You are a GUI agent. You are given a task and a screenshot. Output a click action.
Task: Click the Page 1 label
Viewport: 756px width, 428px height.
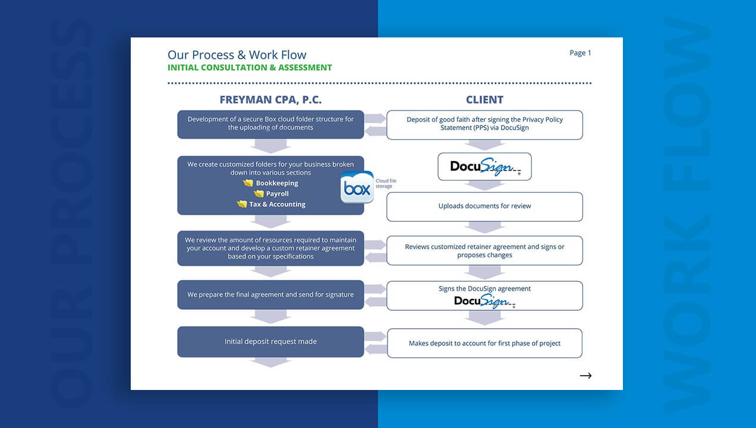580,53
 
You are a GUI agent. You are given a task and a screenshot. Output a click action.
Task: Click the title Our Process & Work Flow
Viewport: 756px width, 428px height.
237,55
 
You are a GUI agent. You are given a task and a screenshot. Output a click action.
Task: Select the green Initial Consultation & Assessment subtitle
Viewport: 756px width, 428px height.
250,68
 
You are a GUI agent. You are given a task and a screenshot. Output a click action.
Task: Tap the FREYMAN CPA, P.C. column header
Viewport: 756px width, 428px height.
270,100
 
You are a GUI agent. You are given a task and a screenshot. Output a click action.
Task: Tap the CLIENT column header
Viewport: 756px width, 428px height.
484,100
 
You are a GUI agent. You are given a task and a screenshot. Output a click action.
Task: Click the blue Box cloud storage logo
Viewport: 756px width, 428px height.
357,188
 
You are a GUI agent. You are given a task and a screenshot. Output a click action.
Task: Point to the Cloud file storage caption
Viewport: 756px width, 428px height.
385,184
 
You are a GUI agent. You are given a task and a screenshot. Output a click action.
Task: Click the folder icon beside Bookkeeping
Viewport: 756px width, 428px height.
248,183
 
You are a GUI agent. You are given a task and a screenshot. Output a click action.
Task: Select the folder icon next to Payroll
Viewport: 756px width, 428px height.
259,194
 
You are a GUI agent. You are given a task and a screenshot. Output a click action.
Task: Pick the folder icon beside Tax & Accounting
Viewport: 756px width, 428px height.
242,204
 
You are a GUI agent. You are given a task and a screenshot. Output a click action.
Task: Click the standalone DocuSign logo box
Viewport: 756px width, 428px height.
484,166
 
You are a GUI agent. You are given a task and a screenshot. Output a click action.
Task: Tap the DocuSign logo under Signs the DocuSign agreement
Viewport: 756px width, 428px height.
484,301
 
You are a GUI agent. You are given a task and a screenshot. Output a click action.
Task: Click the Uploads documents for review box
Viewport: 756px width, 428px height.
484,206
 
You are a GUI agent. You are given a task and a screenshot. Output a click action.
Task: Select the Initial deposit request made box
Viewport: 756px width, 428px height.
270,342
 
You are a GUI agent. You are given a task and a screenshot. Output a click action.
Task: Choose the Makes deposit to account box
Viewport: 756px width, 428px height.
484,343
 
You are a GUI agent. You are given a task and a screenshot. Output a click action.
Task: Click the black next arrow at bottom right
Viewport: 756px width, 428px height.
585,376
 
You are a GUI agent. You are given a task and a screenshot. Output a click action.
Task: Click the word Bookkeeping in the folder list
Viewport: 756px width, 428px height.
277,183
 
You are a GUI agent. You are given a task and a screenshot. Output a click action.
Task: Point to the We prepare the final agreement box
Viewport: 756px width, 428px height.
270,295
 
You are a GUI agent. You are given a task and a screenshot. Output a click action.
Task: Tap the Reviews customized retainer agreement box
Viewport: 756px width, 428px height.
484,251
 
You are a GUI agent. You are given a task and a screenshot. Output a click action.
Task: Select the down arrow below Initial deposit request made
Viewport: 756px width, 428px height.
270,362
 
